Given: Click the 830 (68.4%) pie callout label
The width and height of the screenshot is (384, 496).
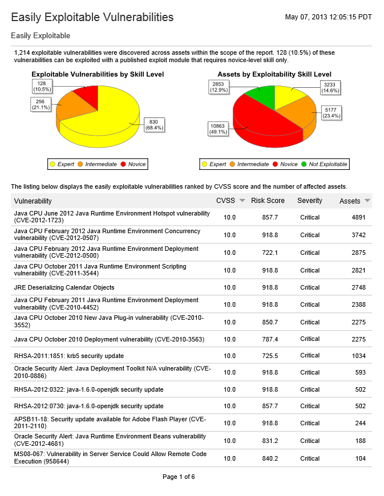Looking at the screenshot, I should point(155,124).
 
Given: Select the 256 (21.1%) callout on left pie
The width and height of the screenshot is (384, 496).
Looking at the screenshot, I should point(41,104).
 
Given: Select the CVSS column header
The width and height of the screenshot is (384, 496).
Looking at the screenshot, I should point(225,201).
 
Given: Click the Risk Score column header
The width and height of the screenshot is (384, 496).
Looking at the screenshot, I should point(268,201).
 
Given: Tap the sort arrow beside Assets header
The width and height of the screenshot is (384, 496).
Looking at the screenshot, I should point(367,201).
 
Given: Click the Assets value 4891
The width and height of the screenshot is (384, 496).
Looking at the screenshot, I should point(358,218).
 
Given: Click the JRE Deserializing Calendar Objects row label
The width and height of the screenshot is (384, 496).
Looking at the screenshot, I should point(64,287).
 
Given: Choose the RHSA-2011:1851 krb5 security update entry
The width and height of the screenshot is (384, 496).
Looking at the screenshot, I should point(68,356).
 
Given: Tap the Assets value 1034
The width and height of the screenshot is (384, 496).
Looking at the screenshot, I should point(358,356).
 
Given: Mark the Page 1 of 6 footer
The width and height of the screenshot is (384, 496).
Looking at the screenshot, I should point(179,477).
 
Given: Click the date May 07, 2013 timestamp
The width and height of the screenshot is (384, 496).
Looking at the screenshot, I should point(328,17).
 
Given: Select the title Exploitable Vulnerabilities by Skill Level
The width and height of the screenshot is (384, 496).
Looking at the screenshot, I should point(98,74).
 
